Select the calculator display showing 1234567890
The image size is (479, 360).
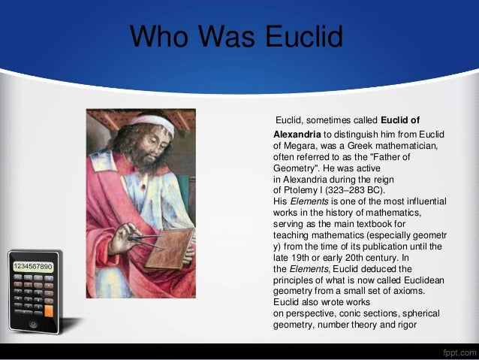click(x=32, y=267)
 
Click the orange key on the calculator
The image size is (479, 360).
click(x=49, y=310)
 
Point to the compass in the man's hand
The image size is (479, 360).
click(x=143, y=241)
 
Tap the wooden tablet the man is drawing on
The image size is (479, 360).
click(x=169, y=249)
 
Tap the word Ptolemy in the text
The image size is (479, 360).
click(x=299, y=190)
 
